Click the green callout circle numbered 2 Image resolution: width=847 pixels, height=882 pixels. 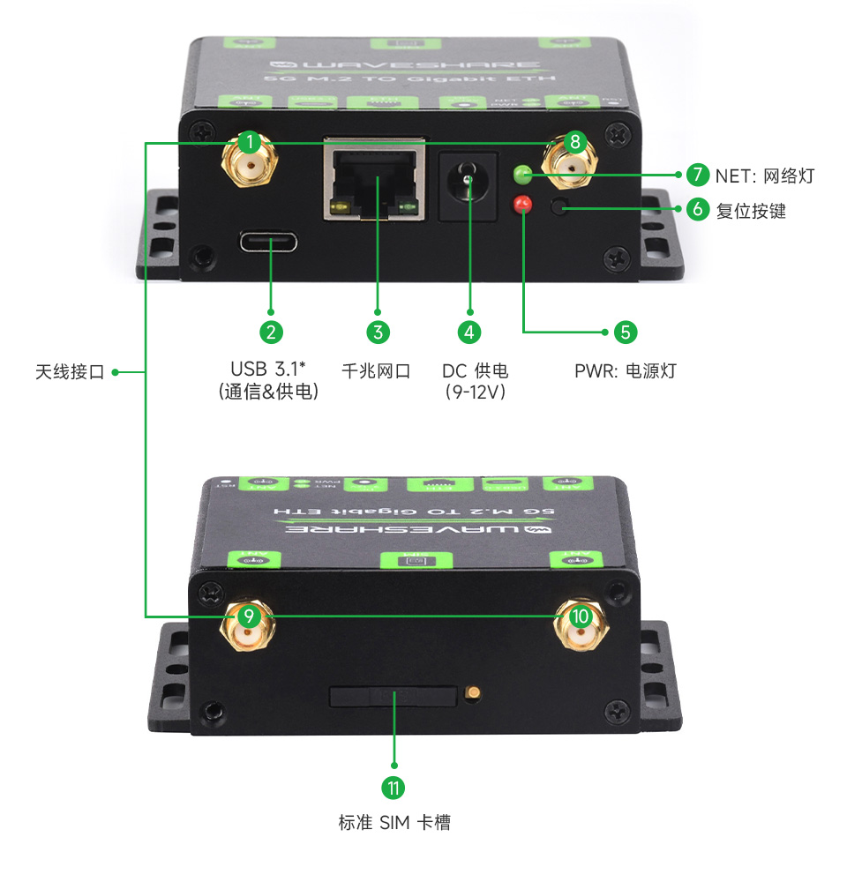click(271, 333)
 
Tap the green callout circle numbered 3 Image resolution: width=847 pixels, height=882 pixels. click(377, 333)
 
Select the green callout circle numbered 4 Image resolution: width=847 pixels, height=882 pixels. click(469, 333)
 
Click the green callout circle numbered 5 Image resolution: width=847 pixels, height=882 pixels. click(625, 333)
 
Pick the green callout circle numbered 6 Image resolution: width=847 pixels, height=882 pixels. click(697, 210)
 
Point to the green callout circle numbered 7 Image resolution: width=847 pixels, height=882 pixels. click(697, 175)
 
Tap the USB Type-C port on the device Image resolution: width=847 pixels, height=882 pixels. click(267, 242)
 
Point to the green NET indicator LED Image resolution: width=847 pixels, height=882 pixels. click(523, 174)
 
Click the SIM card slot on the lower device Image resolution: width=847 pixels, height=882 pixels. click(393, 696)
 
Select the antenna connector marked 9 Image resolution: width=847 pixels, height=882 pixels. click(250, 626)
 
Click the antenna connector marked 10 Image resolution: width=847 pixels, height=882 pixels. click(578, 626)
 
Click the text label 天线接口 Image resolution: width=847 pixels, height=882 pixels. click(70, 372)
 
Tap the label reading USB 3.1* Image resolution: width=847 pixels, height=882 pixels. click(268, 369)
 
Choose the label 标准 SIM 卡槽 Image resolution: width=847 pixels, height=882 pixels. click(394, 823)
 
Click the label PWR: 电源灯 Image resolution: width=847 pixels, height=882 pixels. click(625, 370)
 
